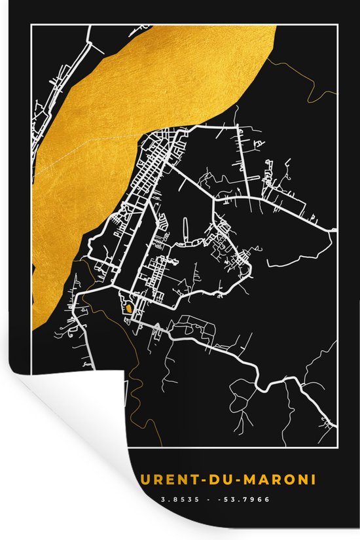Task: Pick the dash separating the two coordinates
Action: [208, 499]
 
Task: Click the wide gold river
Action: [131, 98]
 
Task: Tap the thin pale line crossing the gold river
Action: [85, 152]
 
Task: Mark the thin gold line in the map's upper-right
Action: [308, 85]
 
